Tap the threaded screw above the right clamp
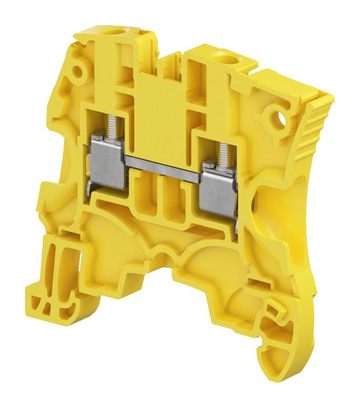coord(224,150)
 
